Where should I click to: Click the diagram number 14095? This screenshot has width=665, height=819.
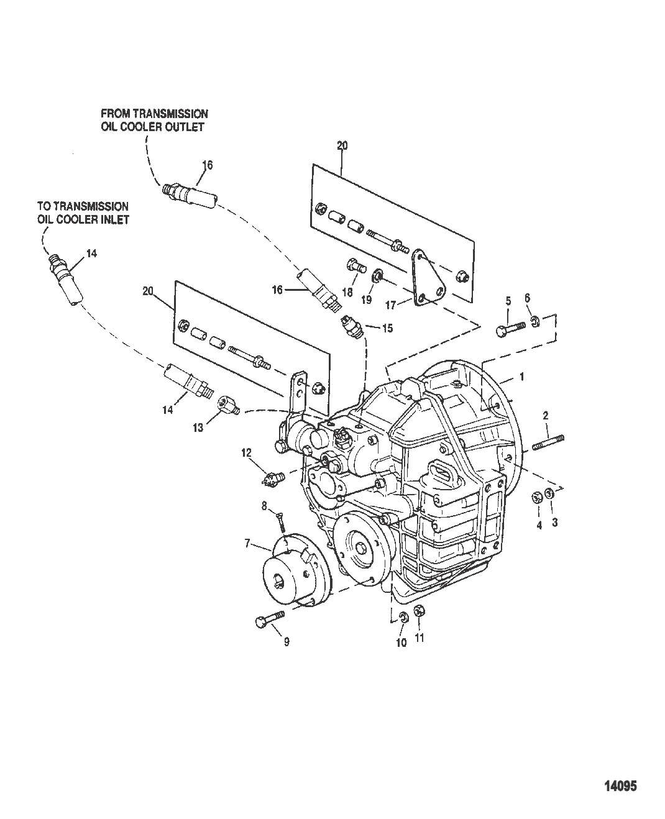point(620,786)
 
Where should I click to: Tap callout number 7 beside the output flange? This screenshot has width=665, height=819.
point(247,544)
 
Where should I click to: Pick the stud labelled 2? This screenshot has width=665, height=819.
point(549,442)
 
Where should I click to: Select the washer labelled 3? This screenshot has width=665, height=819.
point(550,495)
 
